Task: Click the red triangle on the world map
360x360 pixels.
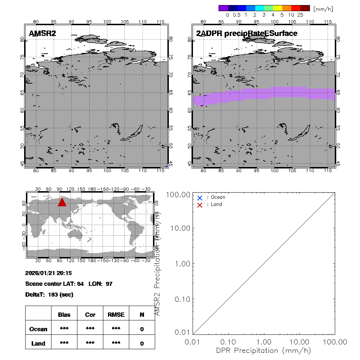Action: (x=62, y=202)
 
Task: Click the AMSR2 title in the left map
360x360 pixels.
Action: (x=42, y=33)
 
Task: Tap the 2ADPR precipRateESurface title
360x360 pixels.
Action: (x=247, y=33)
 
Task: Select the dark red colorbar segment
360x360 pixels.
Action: (x=305, y=8)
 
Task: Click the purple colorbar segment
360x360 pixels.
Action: (x=223, y=8)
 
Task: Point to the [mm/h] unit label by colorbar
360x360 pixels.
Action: (x=323, y=8)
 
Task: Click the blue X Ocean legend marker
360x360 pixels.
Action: (x=200, y=198)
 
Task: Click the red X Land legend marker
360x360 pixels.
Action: (x=200, y=205)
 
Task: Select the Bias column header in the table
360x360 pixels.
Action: (x=64, y=315)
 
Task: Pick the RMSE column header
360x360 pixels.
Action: (x=116, y=315)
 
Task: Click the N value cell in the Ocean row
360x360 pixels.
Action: (x=142, y=329)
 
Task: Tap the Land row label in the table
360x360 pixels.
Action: (x=38, y=343)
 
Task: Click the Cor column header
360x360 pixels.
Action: (x=90, y=315)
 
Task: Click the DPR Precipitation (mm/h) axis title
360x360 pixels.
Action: (x=264, y=350)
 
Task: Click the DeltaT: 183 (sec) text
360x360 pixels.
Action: (x=49, y=294)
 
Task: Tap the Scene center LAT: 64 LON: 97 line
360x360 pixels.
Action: (x=69, y=284)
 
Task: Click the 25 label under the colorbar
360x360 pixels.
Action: (x=300, y=15)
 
